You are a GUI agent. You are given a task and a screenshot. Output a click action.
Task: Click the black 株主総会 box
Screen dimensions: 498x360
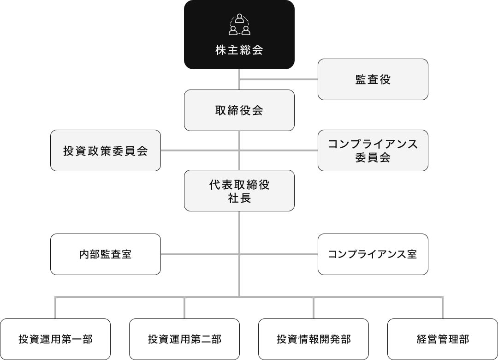coord(239,34)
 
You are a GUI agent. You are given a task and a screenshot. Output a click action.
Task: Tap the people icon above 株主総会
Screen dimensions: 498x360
coord(239,24)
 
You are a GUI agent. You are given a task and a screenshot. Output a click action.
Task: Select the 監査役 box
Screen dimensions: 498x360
coord(373,79)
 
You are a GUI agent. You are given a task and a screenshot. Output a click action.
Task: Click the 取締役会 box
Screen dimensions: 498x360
coord(239,110)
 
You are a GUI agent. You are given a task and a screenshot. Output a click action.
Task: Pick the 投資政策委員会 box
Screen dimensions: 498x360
coord(106,150)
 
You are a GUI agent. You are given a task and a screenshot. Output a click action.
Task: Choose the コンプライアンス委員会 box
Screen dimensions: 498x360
coord(373,150)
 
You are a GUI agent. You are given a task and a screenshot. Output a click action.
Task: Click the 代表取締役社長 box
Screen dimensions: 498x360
coord(239,191)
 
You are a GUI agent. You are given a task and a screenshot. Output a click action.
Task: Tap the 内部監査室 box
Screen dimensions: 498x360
coord(106,254)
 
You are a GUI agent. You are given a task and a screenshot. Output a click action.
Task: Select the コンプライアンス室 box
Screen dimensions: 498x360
coord(373,254)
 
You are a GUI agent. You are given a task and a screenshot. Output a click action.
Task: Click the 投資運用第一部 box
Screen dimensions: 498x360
coord(55,339)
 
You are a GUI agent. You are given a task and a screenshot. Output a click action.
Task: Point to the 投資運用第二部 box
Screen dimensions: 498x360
coord(184,339)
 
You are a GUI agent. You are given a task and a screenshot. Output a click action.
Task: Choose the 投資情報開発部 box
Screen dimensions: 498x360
coord(314,339)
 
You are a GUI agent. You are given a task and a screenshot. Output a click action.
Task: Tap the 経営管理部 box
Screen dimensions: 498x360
coord(442,339)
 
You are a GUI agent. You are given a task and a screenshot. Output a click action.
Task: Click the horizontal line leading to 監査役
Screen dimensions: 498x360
coord(279,79)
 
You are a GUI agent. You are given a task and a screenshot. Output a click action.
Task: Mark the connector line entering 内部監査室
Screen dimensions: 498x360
coord(200,254)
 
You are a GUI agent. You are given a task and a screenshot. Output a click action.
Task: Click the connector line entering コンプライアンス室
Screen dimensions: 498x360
coord(279,254)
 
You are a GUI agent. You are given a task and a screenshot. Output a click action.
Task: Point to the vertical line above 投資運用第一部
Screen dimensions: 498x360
coord(55,308)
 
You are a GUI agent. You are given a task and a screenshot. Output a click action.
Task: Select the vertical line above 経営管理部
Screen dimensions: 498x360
coord(442,308)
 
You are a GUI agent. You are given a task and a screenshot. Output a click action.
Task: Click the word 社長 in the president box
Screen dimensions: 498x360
coord(239,198)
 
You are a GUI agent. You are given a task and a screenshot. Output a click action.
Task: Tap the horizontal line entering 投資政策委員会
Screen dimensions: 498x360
coord(200,150)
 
